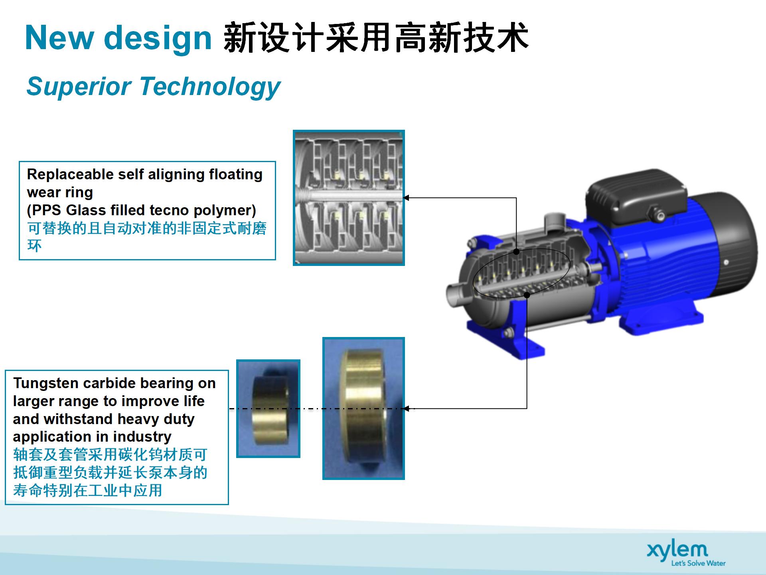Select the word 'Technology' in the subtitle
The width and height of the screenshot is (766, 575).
pyautogui.click(x=210, y=87)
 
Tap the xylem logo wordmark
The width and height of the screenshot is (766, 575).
pyautogui.click(x=677, y=551)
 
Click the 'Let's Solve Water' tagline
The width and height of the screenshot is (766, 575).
pyautogui.click(x=698, y=563)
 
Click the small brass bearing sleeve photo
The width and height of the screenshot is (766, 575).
pyautogui.click(x=268, y=408)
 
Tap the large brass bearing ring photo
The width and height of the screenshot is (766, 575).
pyautogui.click(x=363, y=408)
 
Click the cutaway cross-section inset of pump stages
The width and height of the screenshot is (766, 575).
pyautogui.click(x=349, y=198)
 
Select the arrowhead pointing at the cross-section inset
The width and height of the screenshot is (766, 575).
pyautogui.click(x=406, y=198)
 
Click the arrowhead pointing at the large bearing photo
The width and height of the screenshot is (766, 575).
pyautogui.click(x=406, y=408)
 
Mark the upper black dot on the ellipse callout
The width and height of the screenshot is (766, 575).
pyautogui.click(x=516, y=252)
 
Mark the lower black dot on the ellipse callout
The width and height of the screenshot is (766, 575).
pyautogui.click(x=527, y=295)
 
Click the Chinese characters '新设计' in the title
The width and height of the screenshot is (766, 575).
pyautogui.click(x=274, y=38)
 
